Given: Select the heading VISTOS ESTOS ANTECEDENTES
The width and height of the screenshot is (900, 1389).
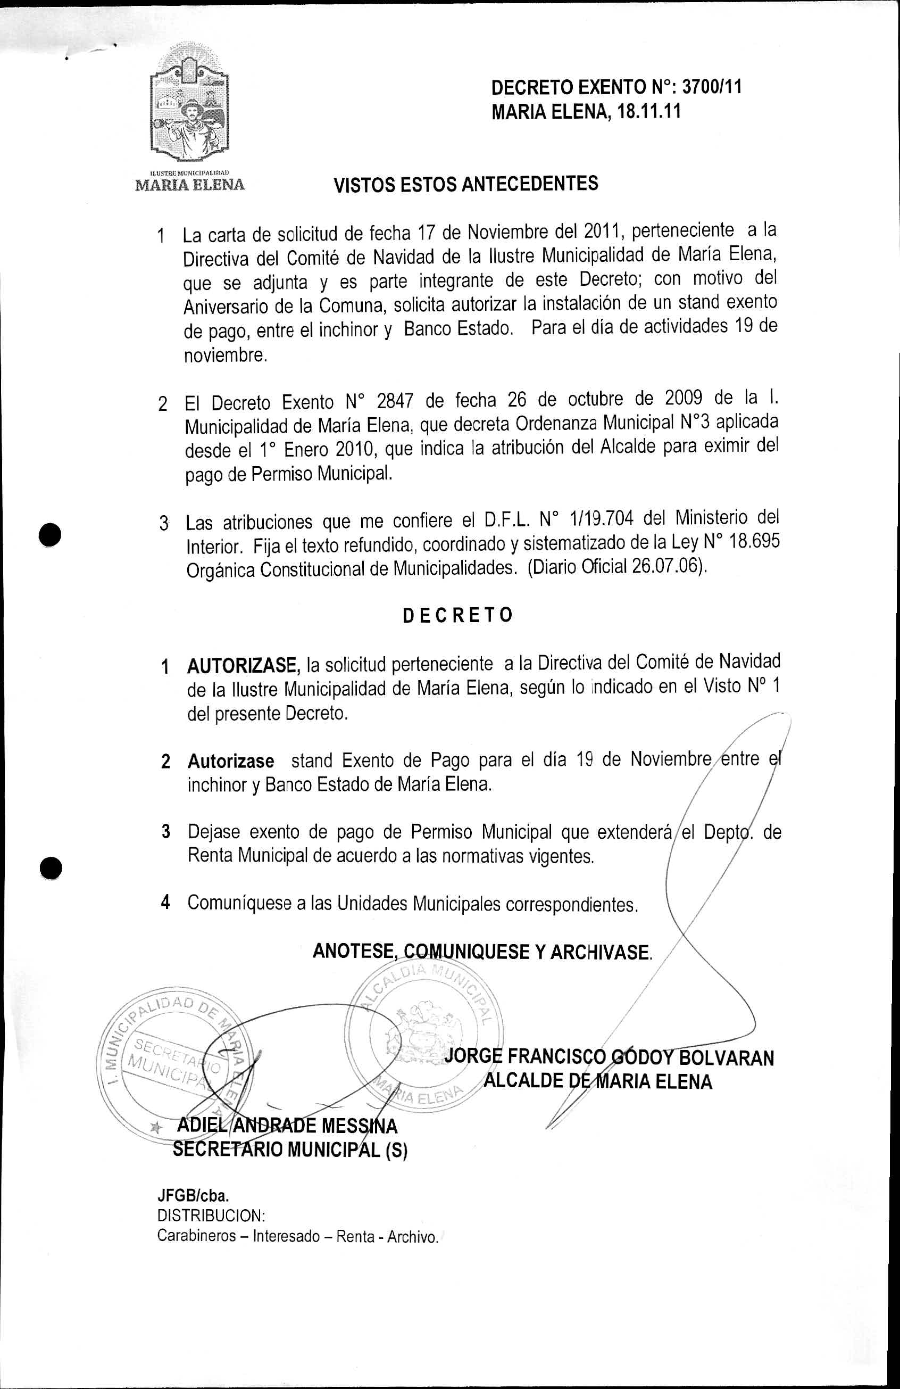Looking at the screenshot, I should point(465,185).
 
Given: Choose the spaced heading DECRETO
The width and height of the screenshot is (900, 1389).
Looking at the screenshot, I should point(457,615).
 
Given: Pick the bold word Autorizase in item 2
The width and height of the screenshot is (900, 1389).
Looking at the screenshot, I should point(230,762).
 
